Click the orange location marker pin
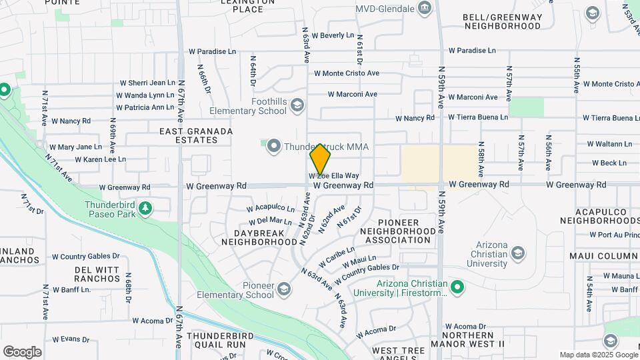320,159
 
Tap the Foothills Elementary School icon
297,105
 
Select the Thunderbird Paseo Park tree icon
145,209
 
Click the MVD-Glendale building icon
424,9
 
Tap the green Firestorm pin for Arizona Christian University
457,287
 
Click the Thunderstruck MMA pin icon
273,147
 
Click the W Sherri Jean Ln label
147,83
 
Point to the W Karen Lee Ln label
100,159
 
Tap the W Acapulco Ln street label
270,208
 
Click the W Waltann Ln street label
609,143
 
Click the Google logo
22,351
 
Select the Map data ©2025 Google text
598,355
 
